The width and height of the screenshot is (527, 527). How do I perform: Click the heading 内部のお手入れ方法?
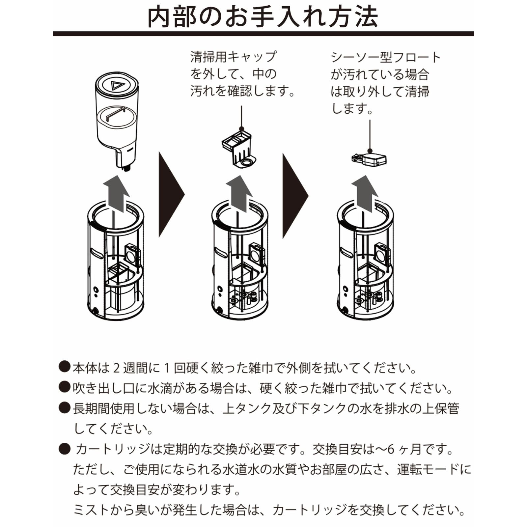tap(263, 17)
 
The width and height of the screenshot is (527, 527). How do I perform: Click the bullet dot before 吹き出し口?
tap(64, 387)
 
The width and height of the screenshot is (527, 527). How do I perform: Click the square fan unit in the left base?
tap(133, 254)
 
